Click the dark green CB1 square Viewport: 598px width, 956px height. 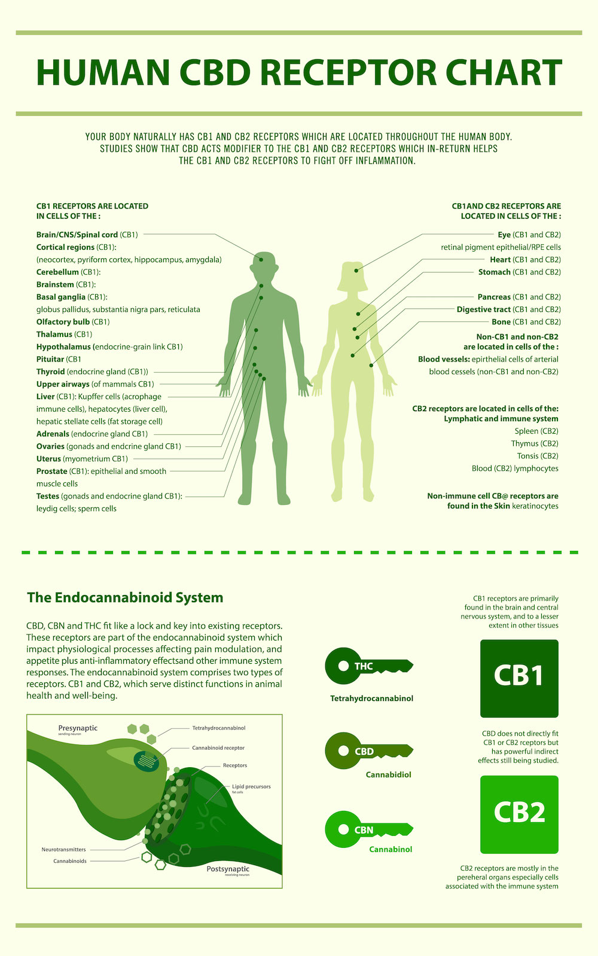click(x=519, y=678)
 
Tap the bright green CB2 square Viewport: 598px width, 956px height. click(x=519, y=814)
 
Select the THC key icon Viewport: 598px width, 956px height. click(x=369, y=666)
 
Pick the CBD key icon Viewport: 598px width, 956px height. click(x=369, y=750)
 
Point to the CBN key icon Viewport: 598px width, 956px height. click(x=369, y=829)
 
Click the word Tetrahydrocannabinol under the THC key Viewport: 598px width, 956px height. click(x=371, y=698)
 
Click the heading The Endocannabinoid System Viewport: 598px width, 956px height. click(x=125, y=597)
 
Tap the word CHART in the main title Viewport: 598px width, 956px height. click(x=504, y=72)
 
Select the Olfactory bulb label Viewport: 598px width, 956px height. click(x=63, y=322)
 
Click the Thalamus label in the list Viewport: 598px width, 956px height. click(x=54, y=334)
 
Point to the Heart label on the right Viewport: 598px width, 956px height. click(x=500, y=259)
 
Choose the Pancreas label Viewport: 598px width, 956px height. click(x=494, y=296)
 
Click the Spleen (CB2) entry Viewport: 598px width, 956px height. click(x=536, y=431)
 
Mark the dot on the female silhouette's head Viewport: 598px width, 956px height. click(x=356, y=271)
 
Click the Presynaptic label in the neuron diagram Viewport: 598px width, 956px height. click(x=78, y=728)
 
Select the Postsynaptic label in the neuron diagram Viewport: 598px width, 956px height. click(x=228, y=869)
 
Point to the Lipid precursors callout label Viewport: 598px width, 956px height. click(x=251, y=786)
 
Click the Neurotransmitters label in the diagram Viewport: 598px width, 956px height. click(x=63, y=849)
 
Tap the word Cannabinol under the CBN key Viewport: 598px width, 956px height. click(x=390, y=849)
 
